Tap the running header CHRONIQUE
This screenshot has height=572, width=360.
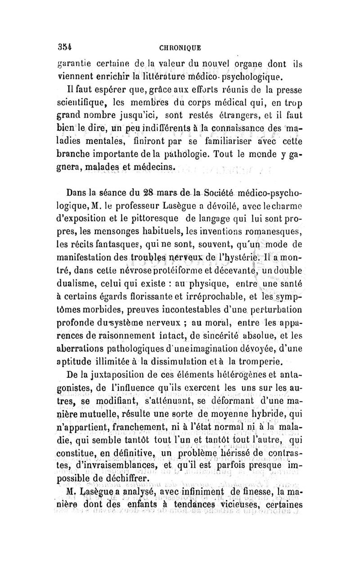coord(180,46)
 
